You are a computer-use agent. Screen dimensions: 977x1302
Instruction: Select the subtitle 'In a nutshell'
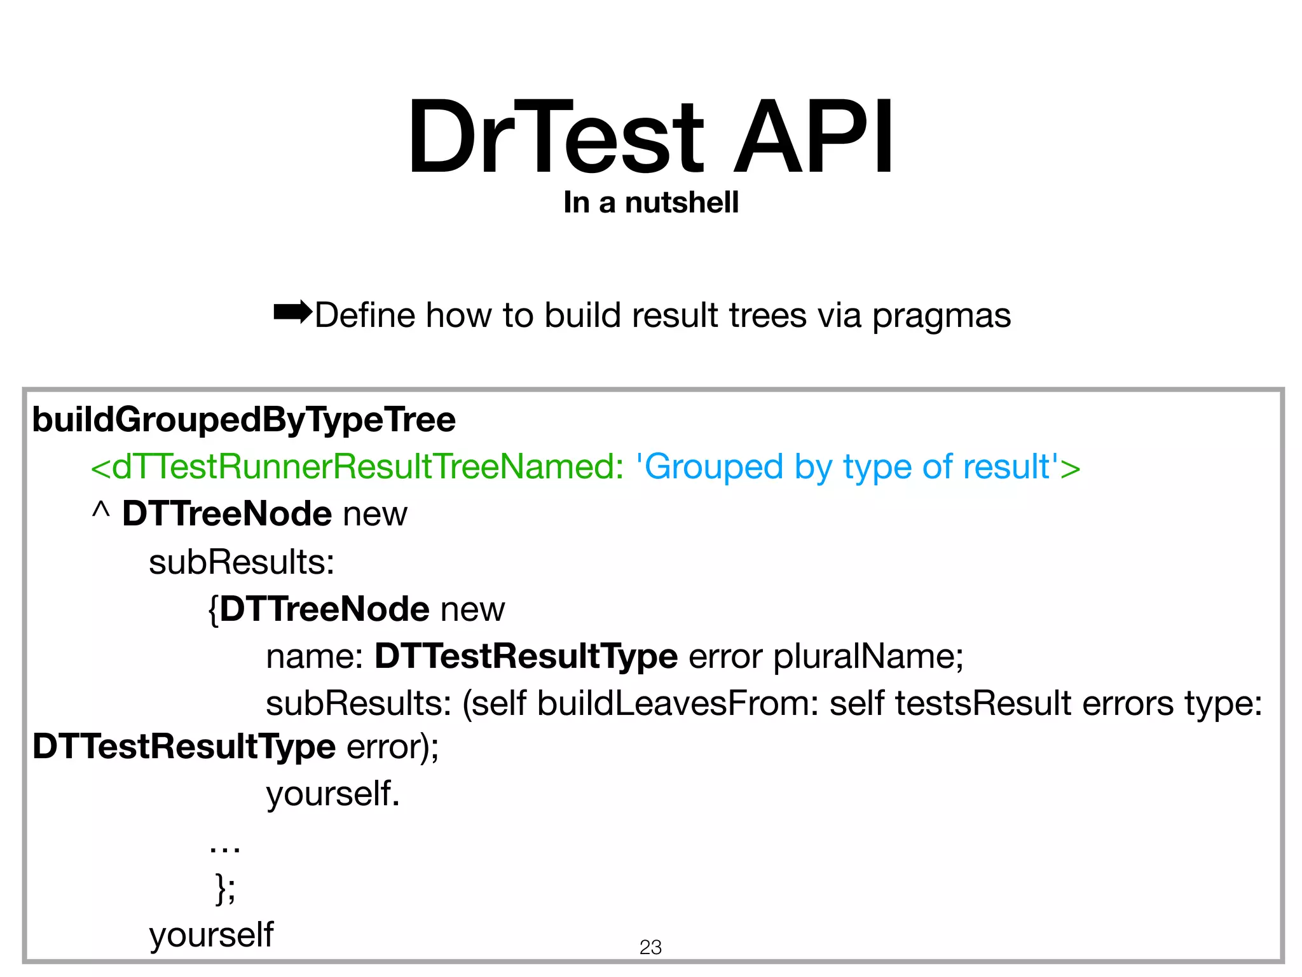[x=651, y=203]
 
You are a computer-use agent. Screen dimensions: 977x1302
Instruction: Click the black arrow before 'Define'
[x=292, y=312]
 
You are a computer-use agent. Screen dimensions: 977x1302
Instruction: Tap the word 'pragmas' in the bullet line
[x=941, y=316]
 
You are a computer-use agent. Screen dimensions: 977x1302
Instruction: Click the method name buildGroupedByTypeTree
[x=244, y=420]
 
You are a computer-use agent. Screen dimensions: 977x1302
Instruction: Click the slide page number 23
[x=650, y=947]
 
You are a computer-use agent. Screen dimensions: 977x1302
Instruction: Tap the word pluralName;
[x=868, y=656]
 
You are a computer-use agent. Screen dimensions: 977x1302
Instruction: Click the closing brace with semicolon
[x=225, y=888]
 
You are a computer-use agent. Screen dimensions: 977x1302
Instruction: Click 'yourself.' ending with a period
[x=333, y=794]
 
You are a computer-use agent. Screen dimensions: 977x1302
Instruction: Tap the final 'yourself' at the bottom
[x=211, y=936]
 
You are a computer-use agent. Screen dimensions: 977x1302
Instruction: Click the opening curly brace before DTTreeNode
[x=214, y=610]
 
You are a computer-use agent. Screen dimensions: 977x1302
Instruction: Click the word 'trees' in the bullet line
[x=767, y=316]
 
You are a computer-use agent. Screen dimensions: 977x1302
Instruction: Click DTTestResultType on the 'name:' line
[x=526, y=656]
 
